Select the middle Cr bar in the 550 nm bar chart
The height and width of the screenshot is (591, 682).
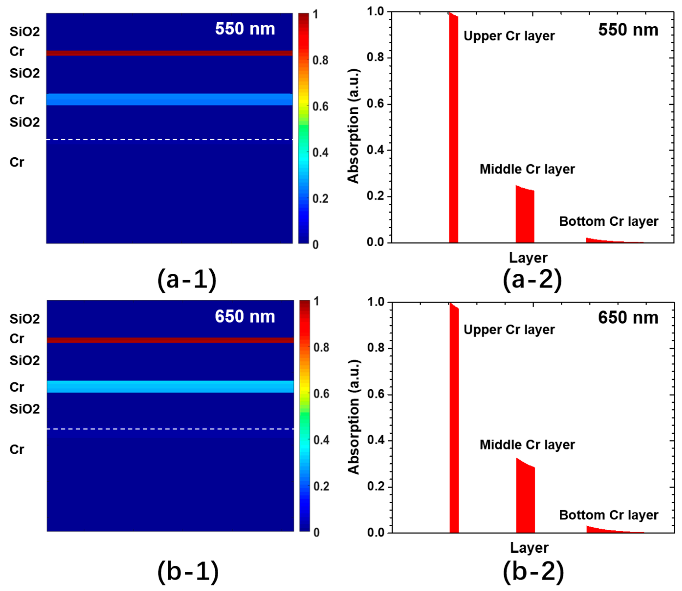click(525, 216)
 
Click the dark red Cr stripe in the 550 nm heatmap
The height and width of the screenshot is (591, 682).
click(169, 53)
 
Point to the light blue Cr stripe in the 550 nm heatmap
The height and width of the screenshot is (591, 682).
click(169, 99)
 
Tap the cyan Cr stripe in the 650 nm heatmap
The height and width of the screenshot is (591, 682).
click(170, 386)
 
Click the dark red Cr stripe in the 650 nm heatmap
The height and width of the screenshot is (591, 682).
click(170, 340)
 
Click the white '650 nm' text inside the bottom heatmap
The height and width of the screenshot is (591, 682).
click(245, 316)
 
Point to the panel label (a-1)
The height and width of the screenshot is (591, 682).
click(187, 279)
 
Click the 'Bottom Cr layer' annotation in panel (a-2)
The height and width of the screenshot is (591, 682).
click(608, 221)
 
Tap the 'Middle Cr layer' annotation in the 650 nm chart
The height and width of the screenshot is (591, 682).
click(527, 445)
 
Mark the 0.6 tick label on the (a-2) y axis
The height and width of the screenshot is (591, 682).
click(375, 104)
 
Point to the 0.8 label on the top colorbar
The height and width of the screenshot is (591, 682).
click(320, 60)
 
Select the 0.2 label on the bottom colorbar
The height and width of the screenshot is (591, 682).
click(321, 486)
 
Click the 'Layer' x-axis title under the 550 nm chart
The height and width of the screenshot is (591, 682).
click(528, 258)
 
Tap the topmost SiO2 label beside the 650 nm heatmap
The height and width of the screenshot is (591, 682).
click(24, 318)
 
